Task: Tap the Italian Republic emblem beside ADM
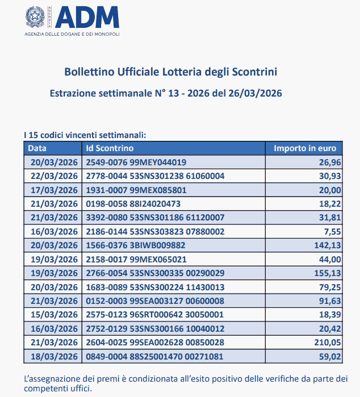37,17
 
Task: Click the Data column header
38,148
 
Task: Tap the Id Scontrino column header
110,148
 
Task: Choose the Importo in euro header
305,148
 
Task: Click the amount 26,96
330,162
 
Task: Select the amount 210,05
327,342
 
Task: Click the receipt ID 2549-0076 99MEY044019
136,162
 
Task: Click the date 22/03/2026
54,176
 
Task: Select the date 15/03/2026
54,315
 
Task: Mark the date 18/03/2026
54,357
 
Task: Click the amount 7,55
332,231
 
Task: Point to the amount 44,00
330,259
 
